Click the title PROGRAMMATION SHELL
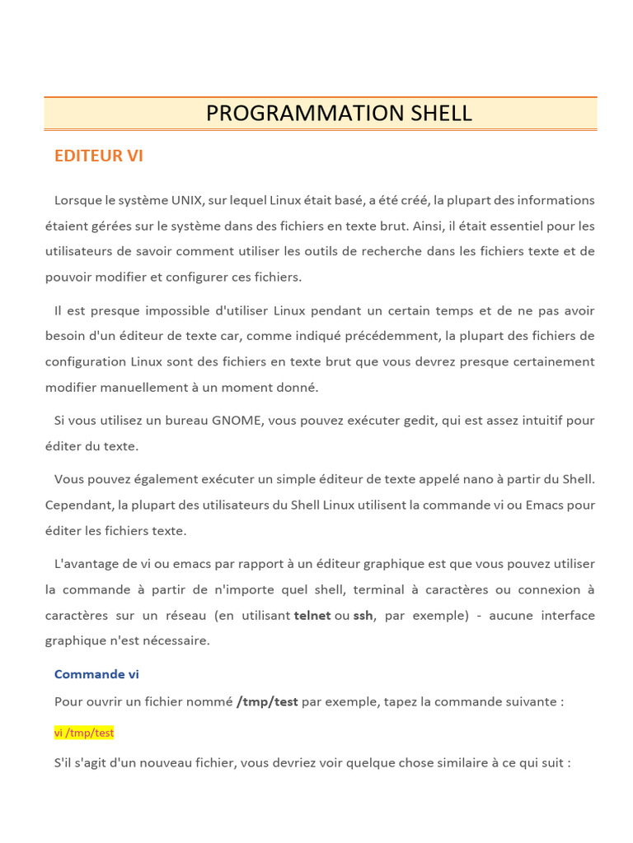coord(339,114)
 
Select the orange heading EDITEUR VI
coord(99,156)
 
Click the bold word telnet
coord(312,616)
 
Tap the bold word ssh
coord(363,616)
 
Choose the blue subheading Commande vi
coord(96,674)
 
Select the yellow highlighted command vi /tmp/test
coord(84,733)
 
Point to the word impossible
coord(176,310)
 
